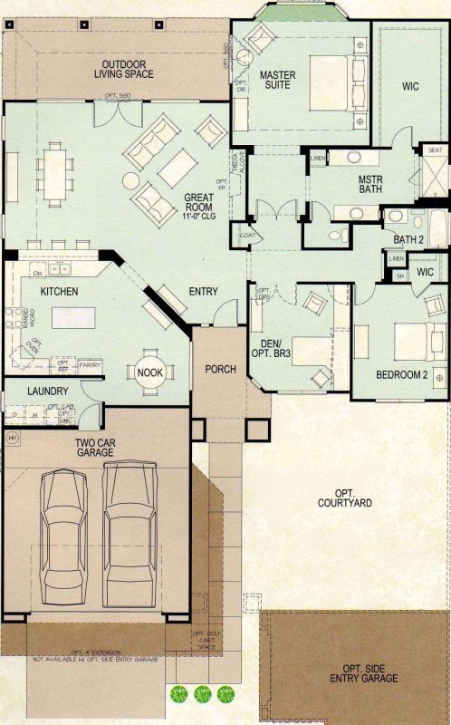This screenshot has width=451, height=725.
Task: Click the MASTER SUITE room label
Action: point(279,80)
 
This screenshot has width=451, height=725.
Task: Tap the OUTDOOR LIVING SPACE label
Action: point(127,70)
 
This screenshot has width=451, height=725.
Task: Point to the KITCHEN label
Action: point(59,292)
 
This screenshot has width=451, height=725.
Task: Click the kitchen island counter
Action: point(72,318)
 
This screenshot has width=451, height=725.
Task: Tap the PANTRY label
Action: point(90,364)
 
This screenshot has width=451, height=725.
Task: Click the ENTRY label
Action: point(202,292)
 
